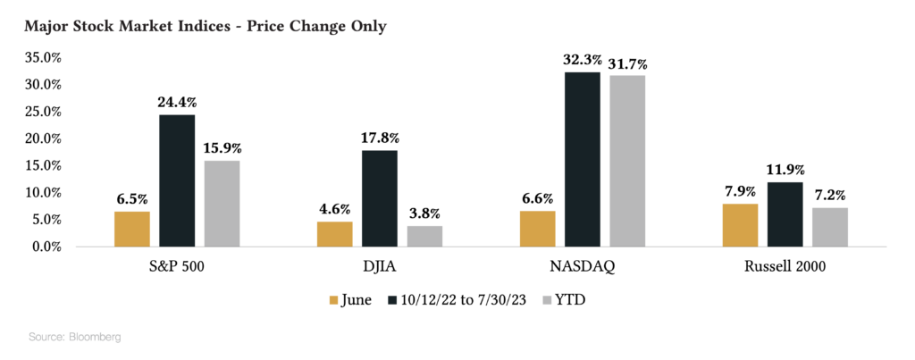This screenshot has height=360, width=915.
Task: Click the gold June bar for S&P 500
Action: point(132,229)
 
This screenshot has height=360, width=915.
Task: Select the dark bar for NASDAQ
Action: point(582,159)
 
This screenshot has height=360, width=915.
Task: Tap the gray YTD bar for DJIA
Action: point(424,236)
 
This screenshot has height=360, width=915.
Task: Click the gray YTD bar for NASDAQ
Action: point(627,161)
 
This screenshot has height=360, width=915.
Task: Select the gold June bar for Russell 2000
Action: point(740,225)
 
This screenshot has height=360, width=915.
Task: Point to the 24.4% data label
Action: point(177,103)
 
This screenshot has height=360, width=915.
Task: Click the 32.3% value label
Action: point(582,60)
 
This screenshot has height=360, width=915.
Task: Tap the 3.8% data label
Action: point(424,213)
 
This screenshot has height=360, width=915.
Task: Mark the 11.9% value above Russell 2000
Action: point(785,170)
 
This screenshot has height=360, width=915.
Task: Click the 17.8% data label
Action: point(380,138)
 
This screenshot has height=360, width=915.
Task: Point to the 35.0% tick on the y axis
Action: point(41,58)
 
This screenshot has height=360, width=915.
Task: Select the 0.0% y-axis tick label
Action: point(45,247)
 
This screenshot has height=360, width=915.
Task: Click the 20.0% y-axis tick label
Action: point(41,138)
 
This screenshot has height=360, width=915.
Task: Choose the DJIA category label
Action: point(380,266)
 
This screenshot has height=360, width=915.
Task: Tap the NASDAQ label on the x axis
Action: point(582,266)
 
